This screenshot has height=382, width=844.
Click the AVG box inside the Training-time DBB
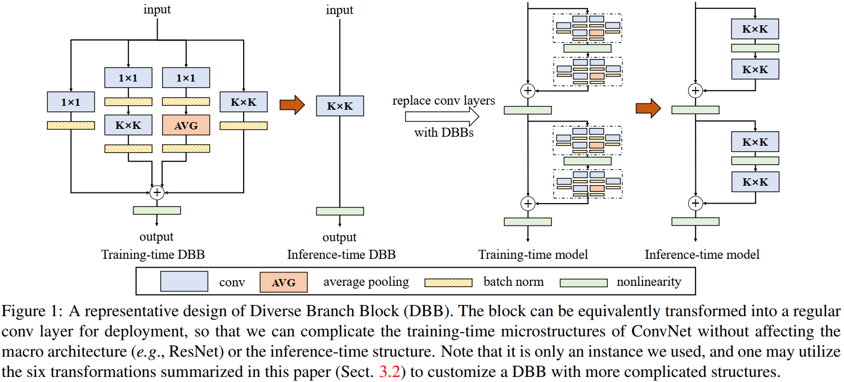click(x=186, y=125)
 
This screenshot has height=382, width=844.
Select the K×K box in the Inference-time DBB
click(x=340, y=106)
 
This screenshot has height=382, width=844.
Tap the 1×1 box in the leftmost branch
click(x=71, y=102)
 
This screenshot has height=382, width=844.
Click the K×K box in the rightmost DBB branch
click(x=243, y=102)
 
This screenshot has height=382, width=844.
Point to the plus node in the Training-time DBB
click(x=157, y=192)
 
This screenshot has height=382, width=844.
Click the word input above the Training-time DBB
click(x=157, y=10)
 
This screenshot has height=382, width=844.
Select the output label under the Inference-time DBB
click(x=340, y=237)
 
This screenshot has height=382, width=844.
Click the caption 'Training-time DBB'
click(x=152, y=255)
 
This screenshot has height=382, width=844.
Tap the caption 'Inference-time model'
click(x=702, y=255)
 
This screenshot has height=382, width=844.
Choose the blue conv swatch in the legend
click(x=185, y=282)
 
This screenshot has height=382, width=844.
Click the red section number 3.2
click(x=388, y=373)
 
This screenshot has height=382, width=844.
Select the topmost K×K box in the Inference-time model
click(x=755, y=29)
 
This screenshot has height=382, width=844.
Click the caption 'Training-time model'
click(x=533, y=255)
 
